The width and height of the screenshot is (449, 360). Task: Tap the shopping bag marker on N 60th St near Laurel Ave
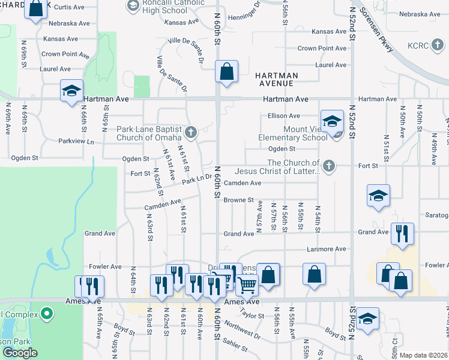coord(227,71)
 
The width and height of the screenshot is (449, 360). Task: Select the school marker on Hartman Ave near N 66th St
coord(71,92)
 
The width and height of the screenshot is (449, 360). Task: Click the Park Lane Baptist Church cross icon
coord(191,133)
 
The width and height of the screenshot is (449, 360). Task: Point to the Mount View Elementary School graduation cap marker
coord(332,121)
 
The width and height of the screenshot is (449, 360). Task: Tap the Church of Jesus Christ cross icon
coord(328,166)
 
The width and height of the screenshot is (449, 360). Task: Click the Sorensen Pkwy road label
coord(376,30)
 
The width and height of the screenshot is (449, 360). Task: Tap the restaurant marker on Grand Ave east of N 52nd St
coord(402,233)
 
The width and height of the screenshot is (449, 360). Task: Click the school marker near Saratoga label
coord(378,196)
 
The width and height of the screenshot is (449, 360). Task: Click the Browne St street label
coord(239,200)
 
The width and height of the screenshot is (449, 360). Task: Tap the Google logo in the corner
coord(20,353)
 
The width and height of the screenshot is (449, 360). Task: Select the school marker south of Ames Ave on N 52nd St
coord(367,319)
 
